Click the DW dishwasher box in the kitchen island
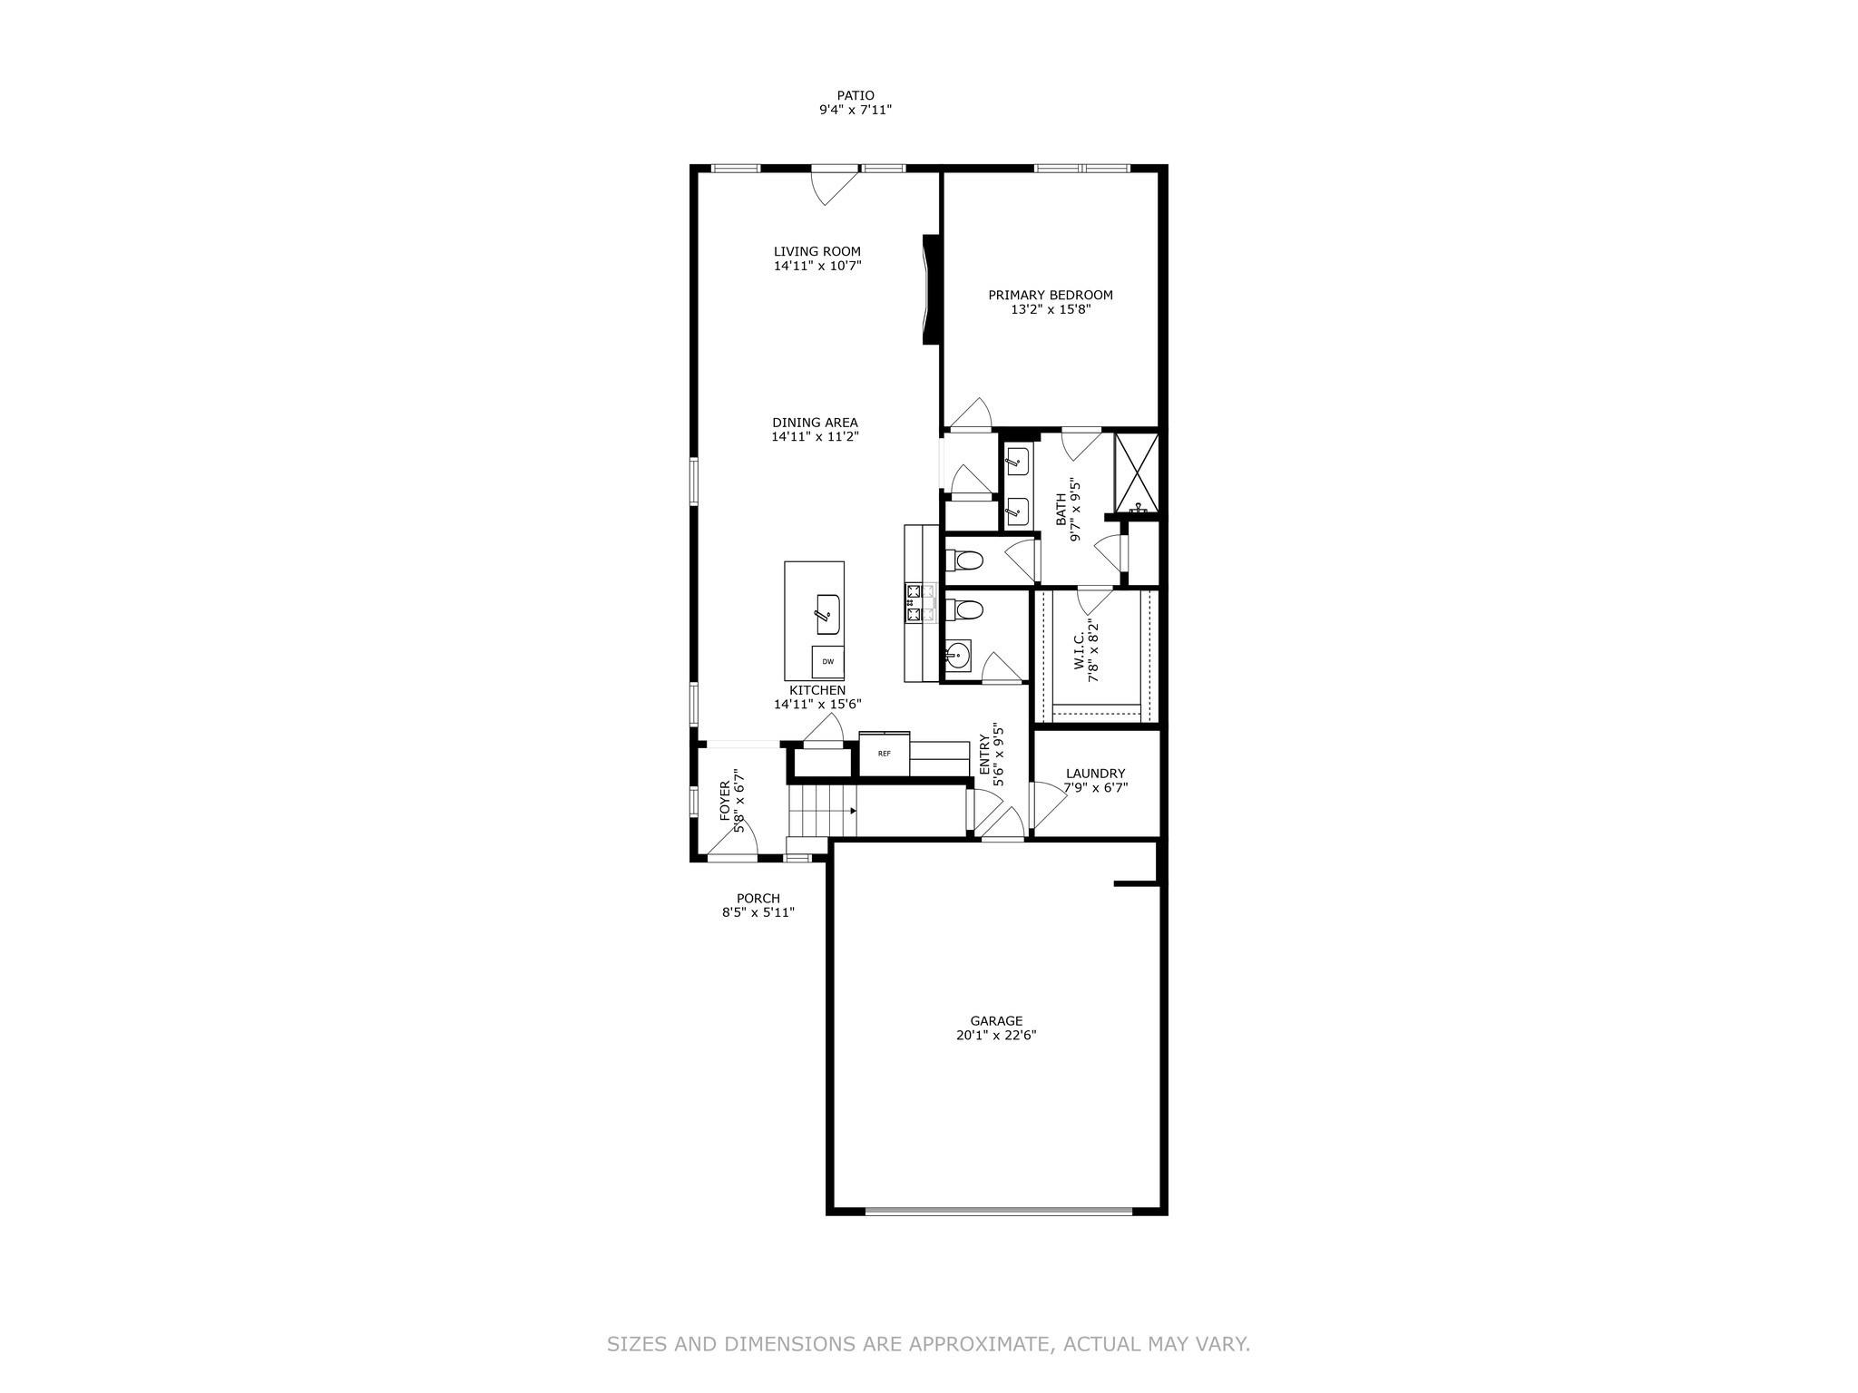tap(827, 662)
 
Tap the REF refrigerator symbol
tap(884, 754)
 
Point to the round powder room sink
tap(956, 654)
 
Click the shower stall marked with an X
tap(1137, 472)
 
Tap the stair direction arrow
tap(853, 811)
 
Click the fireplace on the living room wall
tap(930, 289)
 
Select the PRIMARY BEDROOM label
tap(1050, 295)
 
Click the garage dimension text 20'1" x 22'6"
tap(995, 1035)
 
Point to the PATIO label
tap(856, 95)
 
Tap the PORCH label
tap(758, 898)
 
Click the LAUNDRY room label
tap(1095, 774)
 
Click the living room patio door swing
tap(834, 187)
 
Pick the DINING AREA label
tap(815, 423)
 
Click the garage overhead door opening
tap(998, 1211)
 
